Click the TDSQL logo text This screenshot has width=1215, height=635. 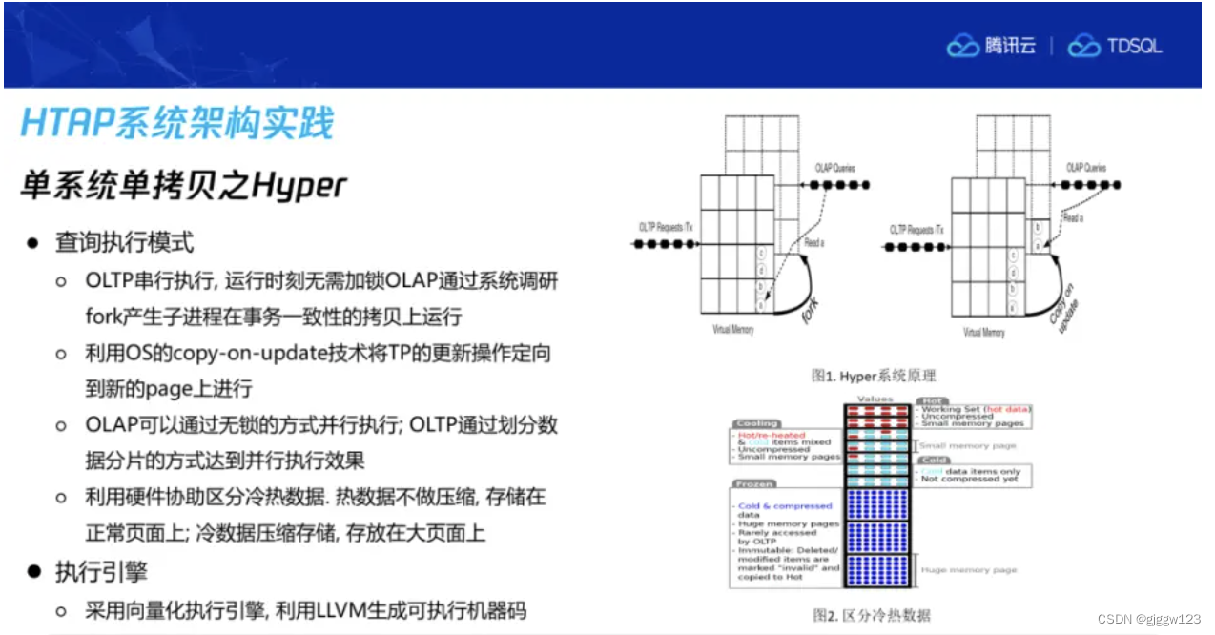pos(1133,46)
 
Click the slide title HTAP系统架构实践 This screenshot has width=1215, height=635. pos(177,123)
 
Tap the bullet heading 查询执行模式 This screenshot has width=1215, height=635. pos(124,242)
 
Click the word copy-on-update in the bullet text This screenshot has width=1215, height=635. pos(206,353)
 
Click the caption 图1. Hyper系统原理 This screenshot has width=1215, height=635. pos(873,376)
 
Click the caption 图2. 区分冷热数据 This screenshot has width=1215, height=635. pos(871,615)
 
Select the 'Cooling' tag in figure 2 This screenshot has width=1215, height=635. pos(757,423)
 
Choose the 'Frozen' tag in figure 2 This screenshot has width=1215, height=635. pos(753,483)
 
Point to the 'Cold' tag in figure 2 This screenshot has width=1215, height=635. pos(932,460)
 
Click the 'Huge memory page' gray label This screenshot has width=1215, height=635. pos(968,570)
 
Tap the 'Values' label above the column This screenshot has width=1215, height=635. pos(875,399)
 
